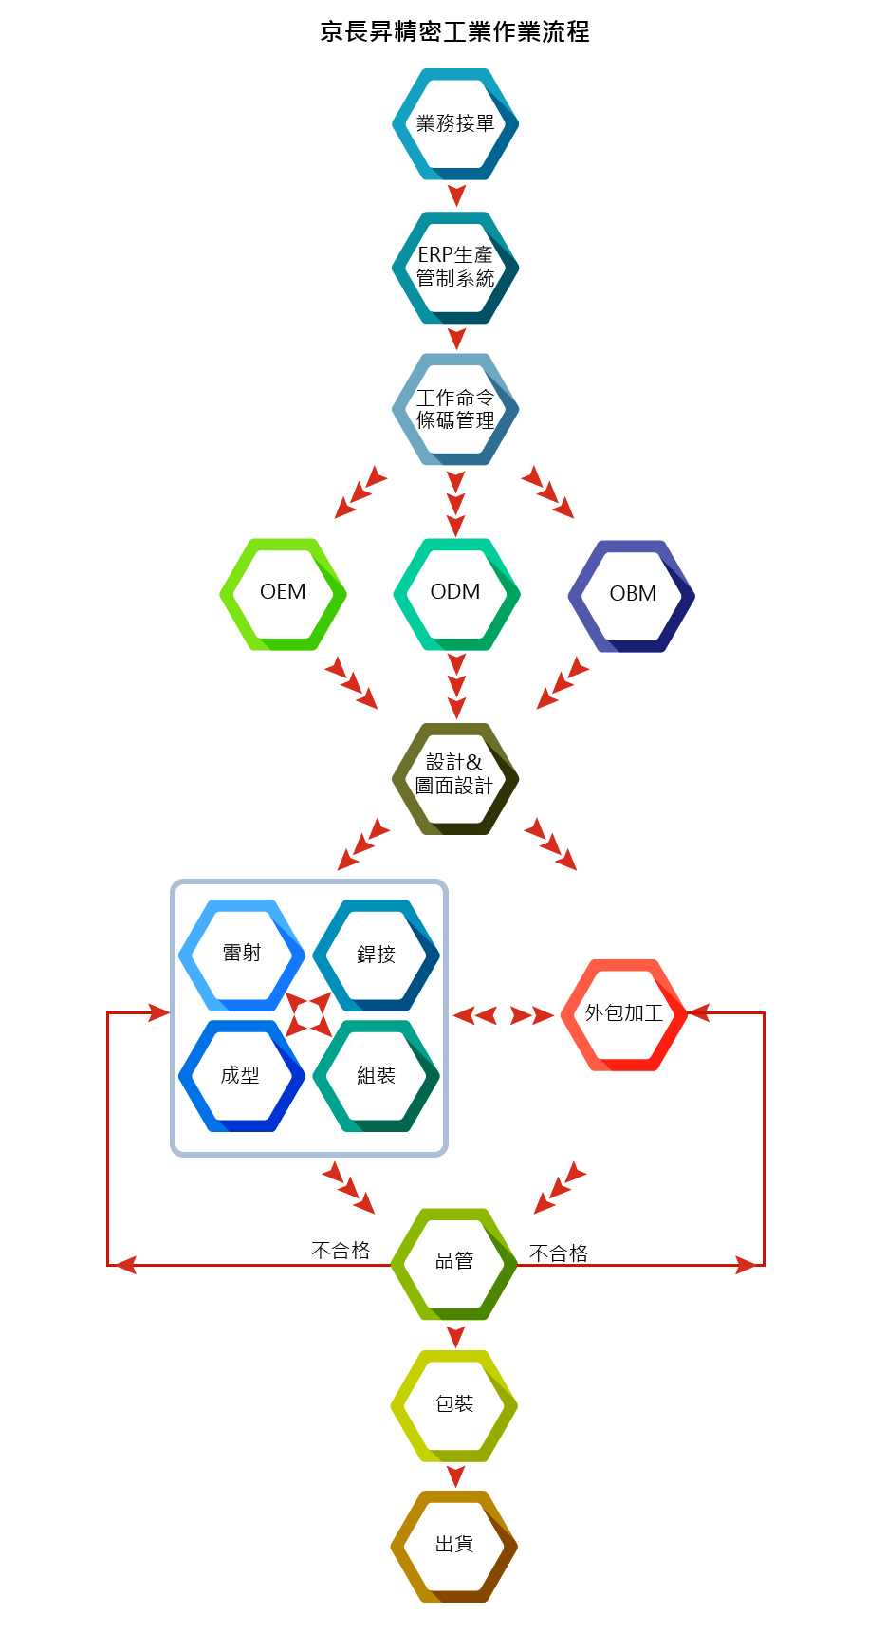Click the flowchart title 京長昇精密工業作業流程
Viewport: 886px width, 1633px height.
[x=454, y=32]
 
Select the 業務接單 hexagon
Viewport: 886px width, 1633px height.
[x=455, y=123]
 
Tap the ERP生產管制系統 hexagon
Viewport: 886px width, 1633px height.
[x=455, y=267]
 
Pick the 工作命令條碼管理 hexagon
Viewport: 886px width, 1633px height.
[x=455, y=409]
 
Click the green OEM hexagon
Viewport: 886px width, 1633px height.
[x=283, y=593]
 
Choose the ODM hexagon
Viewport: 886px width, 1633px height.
[x=456, y=593]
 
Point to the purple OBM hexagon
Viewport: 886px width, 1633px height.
[x=631, y=595]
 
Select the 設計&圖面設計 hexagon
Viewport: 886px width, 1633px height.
[x=455, y=778]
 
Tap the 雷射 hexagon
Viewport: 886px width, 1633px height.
[x=242, y=954]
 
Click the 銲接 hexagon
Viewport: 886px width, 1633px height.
[x=377, y=955]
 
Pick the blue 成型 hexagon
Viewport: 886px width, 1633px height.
[x=241, y=1075]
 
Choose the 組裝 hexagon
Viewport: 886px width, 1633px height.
[x=377, y=1075]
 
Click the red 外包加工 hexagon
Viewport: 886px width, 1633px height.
[x=623, y=1014]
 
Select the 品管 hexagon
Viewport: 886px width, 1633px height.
[x=454, y=1262]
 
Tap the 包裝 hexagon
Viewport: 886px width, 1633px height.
[x=454, y=1404]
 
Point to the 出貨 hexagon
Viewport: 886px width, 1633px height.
[x=454, y=1546]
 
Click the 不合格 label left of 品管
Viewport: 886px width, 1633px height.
[x=341, y=1251]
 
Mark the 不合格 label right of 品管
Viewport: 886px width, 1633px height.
[x=559, y=1253]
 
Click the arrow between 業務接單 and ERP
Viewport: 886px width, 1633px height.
[x=456, y=195]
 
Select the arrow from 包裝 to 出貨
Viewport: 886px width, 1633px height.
[x=455, y=1475]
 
